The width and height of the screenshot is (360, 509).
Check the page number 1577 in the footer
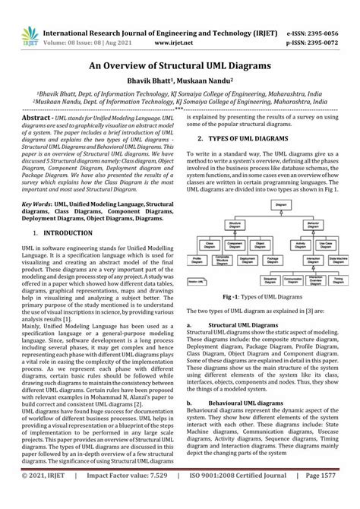click(x=339, y=495)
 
